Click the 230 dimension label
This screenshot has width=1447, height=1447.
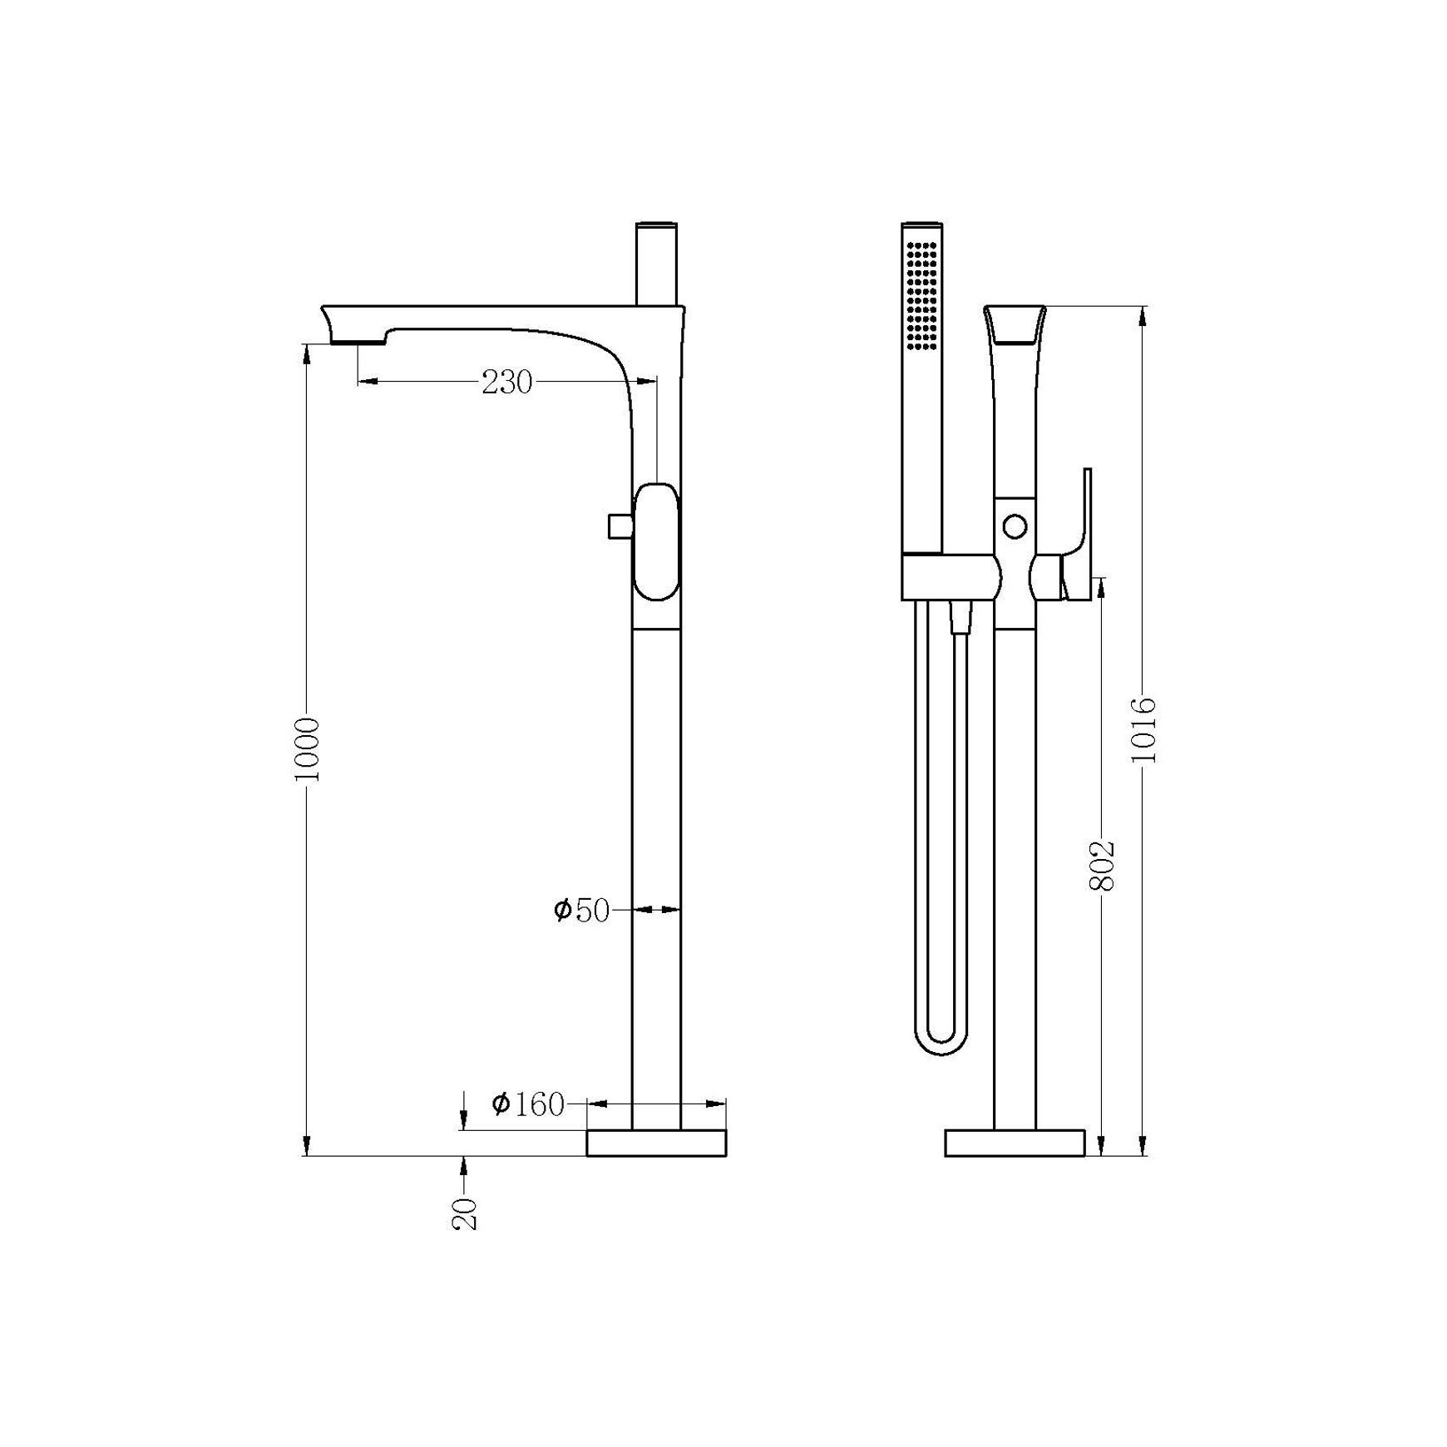coord(506,383)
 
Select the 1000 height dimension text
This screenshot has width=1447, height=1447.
coord(307,748)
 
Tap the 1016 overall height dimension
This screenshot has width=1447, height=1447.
coord(1144,730)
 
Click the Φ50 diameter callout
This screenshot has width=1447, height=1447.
coord(582,911)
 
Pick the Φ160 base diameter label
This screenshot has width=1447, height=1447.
coord(528,1104)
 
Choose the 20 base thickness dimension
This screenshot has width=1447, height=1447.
coord(466,1213)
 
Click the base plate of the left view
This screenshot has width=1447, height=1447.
coord(657,1143)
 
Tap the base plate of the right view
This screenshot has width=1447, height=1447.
coord(1015,1143)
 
